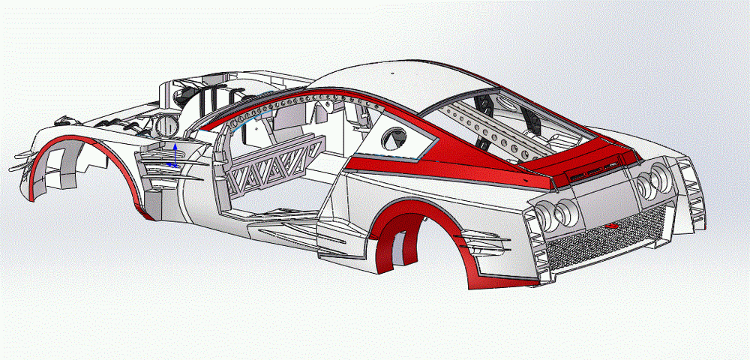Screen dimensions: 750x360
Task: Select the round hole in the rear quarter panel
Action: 394,138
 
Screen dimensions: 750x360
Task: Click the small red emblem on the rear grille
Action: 611,226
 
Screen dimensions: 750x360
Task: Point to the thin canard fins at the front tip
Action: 22,157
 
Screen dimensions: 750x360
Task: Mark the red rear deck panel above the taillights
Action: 585,157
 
